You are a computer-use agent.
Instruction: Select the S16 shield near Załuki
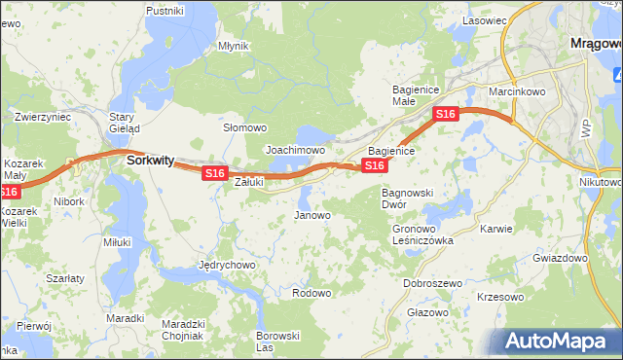point(215,173)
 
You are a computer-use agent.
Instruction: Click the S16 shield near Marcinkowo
point(446,115)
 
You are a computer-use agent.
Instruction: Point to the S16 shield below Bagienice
point(375,166)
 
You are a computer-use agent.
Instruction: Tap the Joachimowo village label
point(295,151)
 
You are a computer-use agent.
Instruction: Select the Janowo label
point(312,215)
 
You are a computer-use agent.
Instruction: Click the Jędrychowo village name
point(226,265)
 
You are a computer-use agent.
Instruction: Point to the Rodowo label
point(311,292)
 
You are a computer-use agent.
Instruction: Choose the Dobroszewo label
point(432,283)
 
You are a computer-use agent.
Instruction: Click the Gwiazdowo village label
point(561,259)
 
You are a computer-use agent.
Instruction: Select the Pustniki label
point(165,11)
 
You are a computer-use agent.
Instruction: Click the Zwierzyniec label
point(43,117)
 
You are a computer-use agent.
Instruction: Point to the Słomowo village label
point(244,127)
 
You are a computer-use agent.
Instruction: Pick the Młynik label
point(234,46)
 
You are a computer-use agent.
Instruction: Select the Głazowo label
point(427,312)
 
